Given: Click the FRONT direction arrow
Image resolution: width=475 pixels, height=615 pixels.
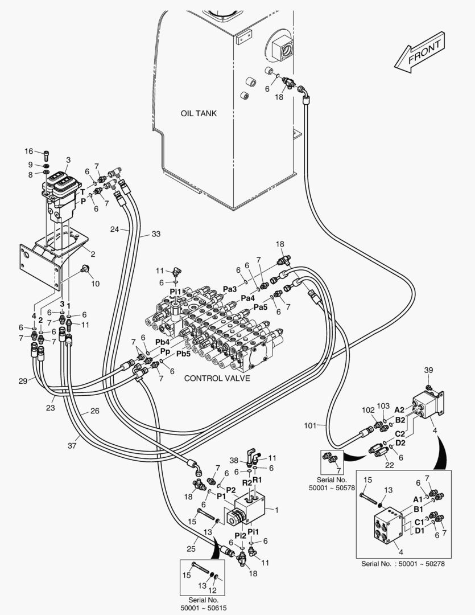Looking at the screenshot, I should coord(419,53).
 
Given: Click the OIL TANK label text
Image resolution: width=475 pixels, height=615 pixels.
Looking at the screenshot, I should coord(199,113).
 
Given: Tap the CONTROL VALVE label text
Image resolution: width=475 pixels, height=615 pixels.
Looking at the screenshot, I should coord(217,378).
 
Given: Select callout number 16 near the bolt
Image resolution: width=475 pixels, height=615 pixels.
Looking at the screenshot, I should coord(29,151).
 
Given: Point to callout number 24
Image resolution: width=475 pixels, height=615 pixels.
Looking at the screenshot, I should coord(115,229).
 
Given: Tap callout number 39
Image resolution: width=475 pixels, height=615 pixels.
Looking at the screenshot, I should coord(429,371).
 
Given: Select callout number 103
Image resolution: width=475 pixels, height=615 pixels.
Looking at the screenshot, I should coord(385,406).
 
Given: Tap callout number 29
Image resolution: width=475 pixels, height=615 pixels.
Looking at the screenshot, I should coord(22,380).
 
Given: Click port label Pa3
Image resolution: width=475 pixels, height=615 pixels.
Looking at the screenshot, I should coord(230,289).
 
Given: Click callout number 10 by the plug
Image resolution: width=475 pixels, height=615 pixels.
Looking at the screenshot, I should coord(95,284).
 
